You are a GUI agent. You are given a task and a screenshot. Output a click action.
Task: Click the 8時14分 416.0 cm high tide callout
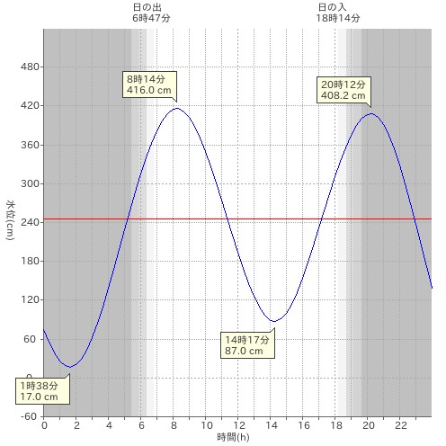click(149, 85)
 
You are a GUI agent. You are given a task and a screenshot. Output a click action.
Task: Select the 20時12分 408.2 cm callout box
click(343, 90)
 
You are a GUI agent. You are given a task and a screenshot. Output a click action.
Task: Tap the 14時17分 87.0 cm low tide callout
click(247, 345)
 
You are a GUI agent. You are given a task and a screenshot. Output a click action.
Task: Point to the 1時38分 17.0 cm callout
click(42, 391)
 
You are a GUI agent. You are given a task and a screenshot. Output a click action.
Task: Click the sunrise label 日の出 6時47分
click(151, 13)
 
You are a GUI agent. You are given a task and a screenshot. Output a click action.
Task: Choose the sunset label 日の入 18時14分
click(338, 13)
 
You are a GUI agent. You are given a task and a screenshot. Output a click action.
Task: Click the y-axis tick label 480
click(30, 67)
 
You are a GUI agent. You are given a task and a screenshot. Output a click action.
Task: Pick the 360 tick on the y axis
click(30, 145)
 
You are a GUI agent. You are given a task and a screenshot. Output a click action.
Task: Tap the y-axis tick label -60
click(29, 416)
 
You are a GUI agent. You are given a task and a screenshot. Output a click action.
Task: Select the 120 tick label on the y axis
click(30, 300)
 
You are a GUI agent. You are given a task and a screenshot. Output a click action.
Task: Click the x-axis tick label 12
click(239, 425)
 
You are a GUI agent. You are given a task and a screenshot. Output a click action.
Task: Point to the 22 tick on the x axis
click(401, 425)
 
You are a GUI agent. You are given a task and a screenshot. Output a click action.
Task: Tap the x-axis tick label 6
click(141, 425)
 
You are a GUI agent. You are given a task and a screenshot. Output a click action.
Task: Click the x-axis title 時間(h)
click(233, 437)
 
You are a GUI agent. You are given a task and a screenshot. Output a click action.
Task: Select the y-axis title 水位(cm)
click(10, 219)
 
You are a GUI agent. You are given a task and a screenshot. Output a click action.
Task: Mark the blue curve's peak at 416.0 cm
click(177, 108)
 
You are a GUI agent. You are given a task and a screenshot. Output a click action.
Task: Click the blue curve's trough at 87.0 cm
click(273, 322)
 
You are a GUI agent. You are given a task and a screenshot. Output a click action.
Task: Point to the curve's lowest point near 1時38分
click(70, 367)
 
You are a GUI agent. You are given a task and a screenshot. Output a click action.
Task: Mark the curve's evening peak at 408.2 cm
click(371, 113)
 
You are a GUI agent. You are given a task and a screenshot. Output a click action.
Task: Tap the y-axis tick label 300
click(30, 183)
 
